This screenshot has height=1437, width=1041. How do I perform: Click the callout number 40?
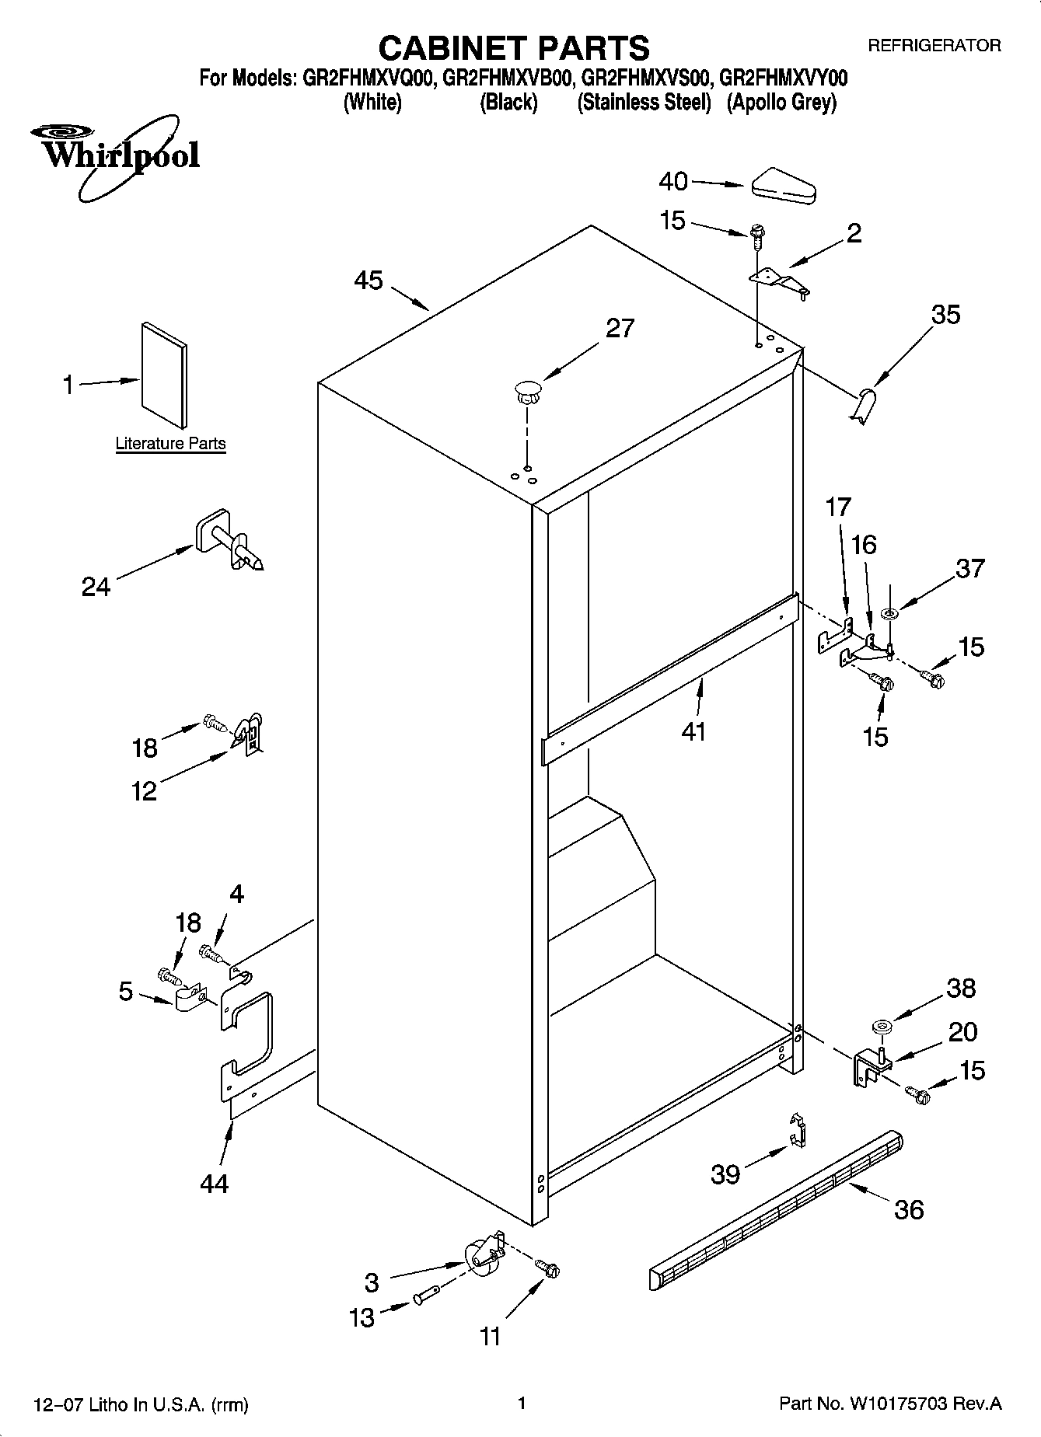coord(673,182)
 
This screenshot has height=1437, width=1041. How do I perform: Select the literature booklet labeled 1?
coord(164,375)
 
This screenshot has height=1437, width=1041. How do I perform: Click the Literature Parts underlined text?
coord(170,444)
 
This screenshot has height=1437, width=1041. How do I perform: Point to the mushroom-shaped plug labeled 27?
coord(528,389)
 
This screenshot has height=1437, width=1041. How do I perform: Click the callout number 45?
coord(369,281)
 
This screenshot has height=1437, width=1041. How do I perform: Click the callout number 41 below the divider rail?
coord(693,731)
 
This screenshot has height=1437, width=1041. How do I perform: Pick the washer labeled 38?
coord(881,1027)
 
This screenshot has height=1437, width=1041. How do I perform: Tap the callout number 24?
coord(96,587)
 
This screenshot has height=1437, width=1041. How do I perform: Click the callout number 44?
coord(214,1184)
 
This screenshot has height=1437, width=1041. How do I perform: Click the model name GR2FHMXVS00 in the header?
coord(645,78)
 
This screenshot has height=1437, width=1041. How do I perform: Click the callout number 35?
coord(946,315)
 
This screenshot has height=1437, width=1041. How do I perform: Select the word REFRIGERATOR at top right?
coord(934,46)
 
